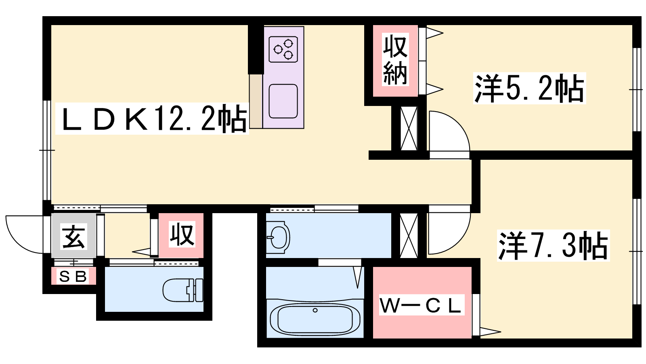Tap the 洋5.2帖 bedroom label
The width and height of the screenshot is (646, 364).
coord(529,89)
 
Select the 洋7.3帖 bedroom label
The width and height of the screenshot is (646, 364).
coord(553,245)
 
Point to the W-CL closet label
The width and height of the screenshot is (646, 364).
coord(422,305)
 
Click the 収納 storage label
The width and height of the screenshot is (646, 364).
coord(395,59)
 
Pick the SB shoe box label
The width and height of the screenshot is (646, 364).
coord(73,277)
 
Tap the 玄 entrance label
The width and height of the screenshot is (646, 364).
coord(73,235)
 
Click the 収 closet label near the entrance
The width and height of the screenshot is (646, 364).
coord(182,235)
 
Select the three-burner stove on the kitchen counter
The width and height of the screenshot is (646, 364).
coord(283,49)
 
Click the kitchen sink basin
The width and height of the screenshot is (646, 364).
coord(283,102)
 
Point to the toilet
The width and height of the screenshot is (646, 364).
coord(183,290)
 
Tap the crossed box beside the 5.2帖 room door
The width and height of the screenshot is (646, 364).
coord(409,128)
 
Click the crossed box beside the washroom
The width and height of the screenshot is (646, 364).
coord(409,236)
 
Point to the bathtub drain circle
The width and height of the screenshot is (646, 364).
coord(315,310)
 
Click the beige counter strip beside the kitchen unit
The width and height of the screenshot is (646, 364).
coord(256,101)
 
